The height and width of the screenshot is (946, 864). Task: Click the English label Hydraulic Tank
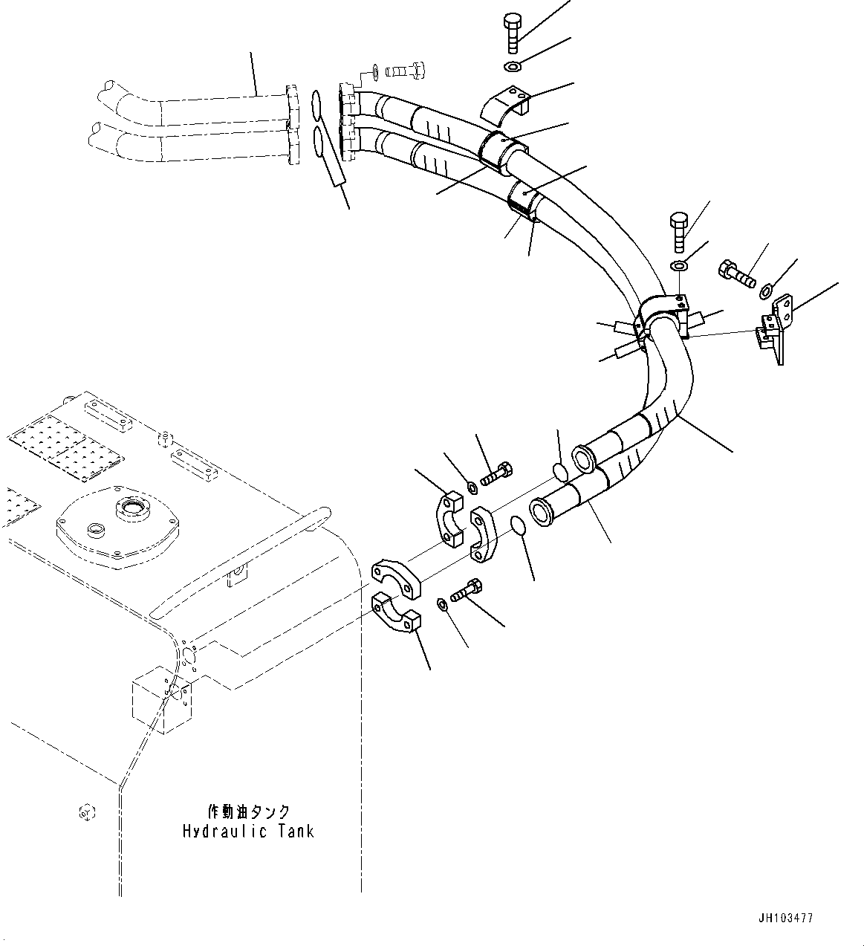coord(248,831)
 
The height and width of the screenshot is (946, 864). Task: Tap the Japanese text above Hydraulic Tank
coord(248,811)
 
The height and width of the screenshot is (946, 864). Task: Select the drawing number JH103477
coord(786,919)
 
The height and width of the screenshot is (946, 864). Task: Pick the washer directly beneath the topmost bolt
coord(513,68)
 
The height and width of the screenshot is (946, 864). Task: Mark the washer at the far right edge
coord(767,290)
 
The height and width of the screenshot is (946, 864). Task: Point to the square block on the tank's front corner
coord(162,701)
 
